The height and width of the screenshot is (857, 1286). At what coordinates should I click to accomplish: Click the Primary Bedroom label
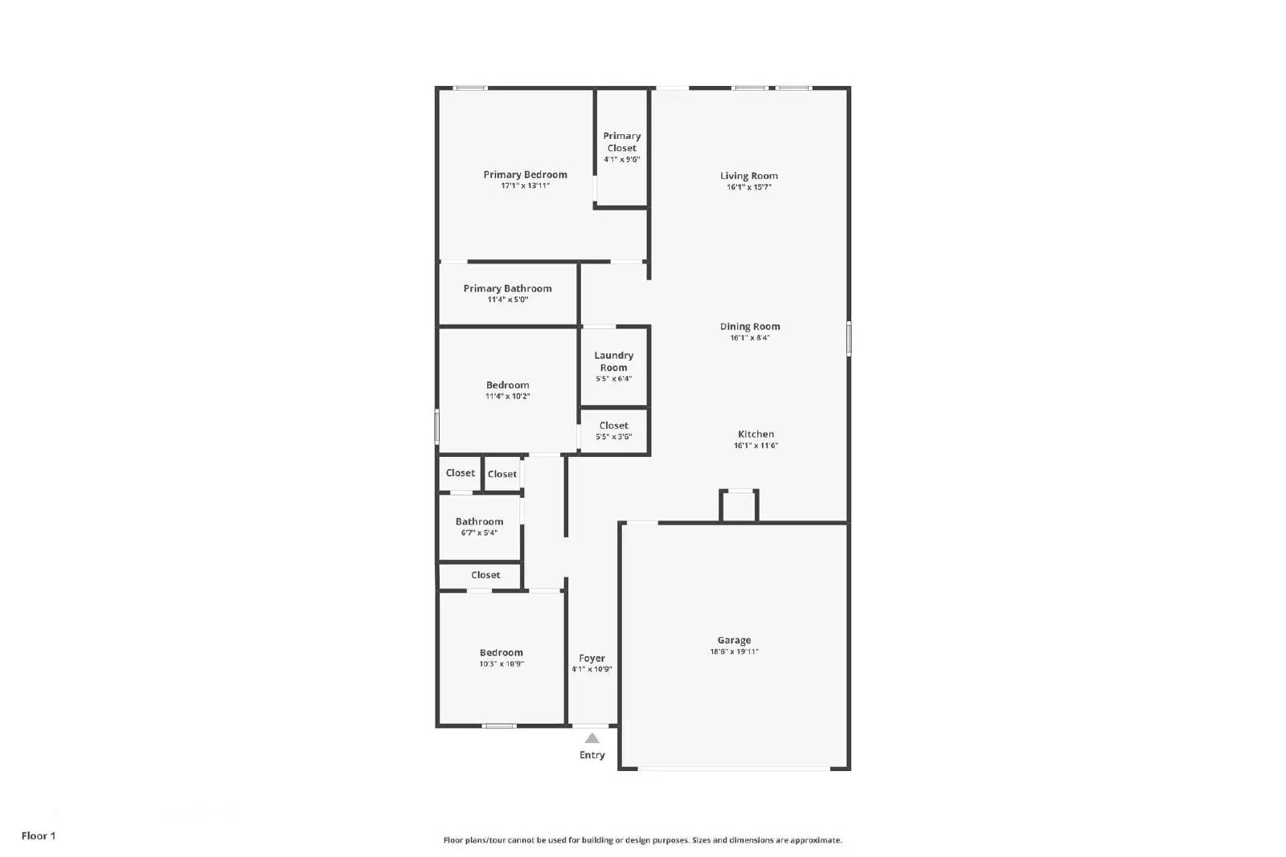point(525,174)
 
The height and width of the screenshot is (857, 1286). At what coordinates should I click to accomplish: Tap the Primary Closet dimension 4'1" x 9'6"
point(621,159)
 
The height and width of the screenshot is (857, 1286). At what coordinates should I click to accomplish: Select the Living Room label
point(748,176)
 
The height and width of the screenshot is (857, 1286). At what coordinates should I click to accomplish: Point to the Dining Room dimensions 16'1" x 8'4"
point(749,338)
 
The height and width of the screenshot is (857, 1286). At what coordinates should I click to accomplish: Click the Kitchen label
point(756,434)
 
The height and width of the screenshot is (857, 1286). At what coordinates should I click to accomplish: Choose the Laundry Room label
point(613,361)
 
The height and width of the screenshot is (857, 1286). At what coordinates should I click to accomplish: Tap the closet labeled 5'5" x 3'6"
point(613,431)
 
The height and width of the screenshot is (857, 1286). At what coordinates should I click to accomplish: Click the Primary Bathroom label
point(507,288)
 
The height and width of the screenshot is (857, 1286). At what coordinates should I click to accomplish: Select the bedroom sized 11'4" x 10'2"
point(507,390)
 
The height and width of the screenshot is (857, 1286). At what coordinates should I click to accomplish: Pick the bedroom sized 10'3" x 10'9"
point(501,658)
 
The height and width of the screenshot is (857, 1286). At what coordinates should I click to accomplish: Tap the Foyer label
point(592,658)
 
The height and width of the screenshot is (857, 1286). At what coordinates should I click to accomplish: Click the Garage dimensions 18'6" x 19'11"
point(734,652)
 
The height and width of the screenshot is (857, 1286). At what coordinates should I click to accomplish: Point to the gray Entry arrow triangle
point(592,739)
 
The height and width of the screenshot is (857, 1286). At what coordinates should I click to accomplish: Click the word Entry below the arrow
point(592,755)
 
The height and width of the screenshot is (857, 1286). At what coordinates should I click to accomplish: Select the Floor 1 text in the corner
point(39,835)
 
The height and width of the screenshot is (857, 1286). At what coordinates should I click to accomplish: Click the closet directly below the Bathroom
point(485,575)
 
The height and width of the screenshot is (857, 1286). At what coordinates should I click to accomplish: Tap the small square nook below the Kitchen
point(738,507)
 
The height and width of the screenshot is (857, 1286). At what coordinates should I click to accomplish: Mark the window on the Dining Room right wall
point(849,338)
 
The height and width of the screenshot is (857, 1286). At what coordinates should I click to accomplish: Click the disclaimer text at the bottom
point(642,840)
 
